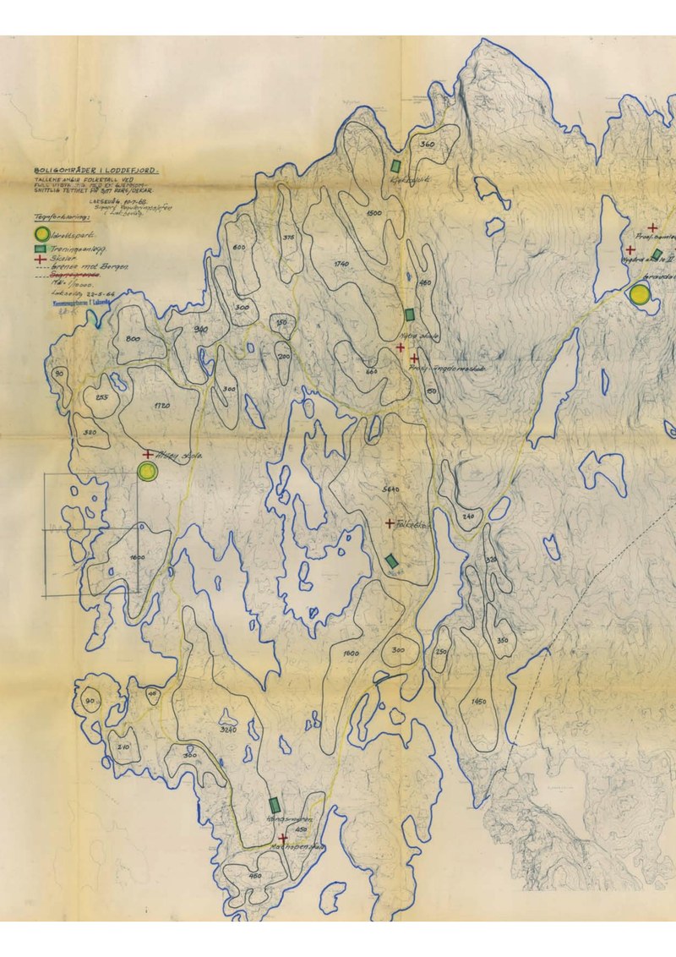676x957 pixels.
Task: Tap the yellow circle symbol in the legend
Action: point(39,233)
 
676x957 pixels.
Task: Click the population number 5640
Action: point(391,490)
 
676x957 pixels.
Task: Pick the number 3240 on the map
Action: point(227,729)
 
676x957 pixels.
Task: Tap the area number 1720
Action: point(163,407)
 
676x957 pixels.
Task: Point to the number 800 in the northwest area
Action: point(133,338)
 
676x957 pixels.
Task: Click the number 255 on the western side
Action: point(101,398)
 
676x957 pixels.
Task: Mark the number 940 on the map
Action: point(201,329)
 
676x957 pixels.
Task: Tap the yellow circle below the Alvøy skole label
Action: point(149,472)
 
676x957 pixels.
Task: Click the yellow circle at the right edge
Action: point(640,294)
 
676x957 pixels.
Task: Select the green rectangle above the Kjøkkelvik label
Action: point(395,165)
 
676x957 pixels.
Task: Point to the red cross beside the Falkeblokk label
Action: point(389,523)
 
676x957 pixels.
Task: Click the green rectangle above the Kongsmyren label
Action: point(275,804)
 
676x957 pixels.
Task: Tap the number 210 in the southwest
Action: point(123,746)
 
